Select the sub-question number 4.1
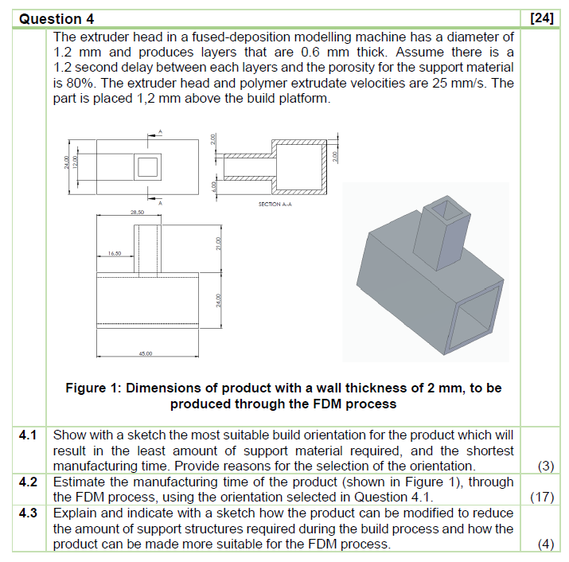pos(29,436)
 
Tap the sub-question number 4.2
pos(29,482)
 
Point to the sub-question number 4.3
pos(29,513)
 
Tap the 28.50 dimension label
pos(137,213)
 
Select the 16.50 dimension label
pos(116,253)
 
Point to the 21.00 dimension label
pos(216,248)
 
